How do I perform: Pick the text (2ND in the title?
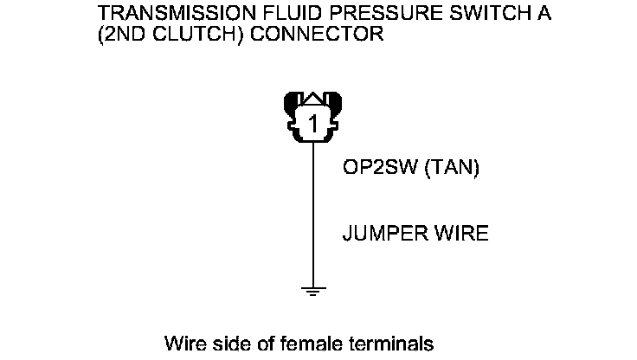point(121,35)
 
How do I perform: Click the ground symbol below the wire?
point(312,291)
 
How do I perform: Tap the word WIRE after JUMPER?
point(459,234)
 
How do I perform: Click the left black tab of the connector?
point(292,108)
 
